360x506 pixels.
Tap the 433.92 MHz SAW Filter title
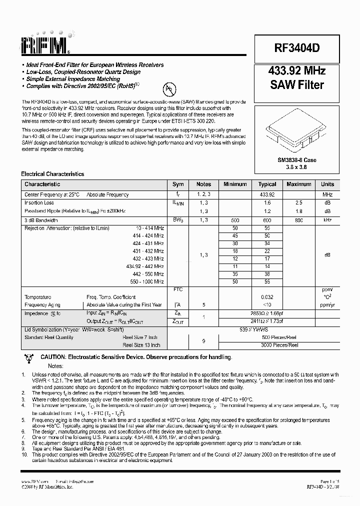pos(297,77)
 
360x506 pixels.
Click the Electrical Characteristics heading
pos(52,174)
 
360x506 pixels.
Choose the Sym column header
pos(178,184)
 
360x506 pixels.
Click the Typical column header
pos(267,184)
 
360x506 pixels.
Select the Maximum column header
pos(298,184)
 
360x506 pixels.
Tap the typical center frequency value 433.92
pos(267,194)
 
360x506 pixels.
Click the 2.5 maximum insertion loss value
pos(298,203)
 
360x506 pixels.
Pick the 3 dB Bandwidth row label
pos(41,220)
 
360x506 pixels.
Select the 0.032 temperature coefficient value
pos(267,297)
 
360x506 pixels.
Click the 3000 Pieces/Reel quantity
pos(279,345)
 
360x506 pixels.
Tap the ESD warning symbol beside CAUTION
pos(28,357)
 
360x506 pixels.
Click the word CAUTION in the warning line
pos(53,357)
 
